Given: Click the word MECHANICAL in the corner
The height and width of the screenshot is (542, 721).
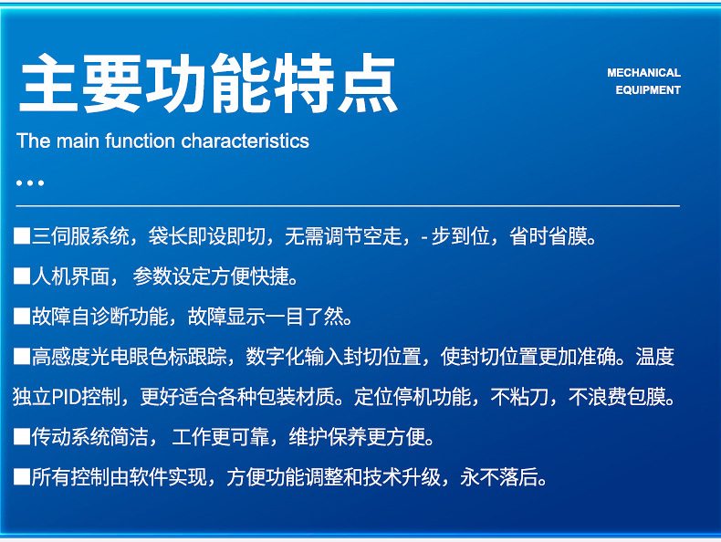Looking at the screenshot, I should tap(643, 72).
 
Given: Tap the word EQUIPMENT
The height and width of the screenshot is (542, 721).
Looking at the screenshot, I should tap(648, 90).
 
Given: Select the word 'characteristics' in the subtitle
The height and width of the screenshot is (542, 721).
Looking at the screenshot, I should tap(246, 141).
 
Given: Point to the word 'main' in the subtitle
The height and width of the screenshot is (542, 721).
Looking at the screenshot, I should tap(78, 141).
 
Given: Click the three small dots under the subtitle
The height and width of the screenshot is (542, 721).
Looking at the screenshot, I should tap(30, 182).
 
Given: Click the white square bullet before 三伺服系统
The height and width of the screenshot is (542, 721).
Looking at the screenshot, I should tap(22, 236).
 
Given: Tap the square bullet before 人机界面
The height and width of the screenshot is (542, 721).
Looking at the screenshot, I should tap(22, 276).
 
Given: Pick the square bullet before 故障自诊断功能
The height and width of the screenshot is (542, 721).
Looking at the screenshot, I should tap(22, 316).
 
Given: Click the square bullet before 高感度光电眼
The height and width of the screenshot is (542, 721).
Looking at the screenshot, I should tap(22, 356).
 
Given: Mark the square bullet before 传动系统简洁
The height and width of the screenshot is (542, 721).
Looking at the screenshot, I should tap(22, 436).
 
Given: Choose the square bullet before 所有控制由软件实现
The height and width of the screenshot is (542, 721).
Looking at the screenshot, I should tap(22, 476).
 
